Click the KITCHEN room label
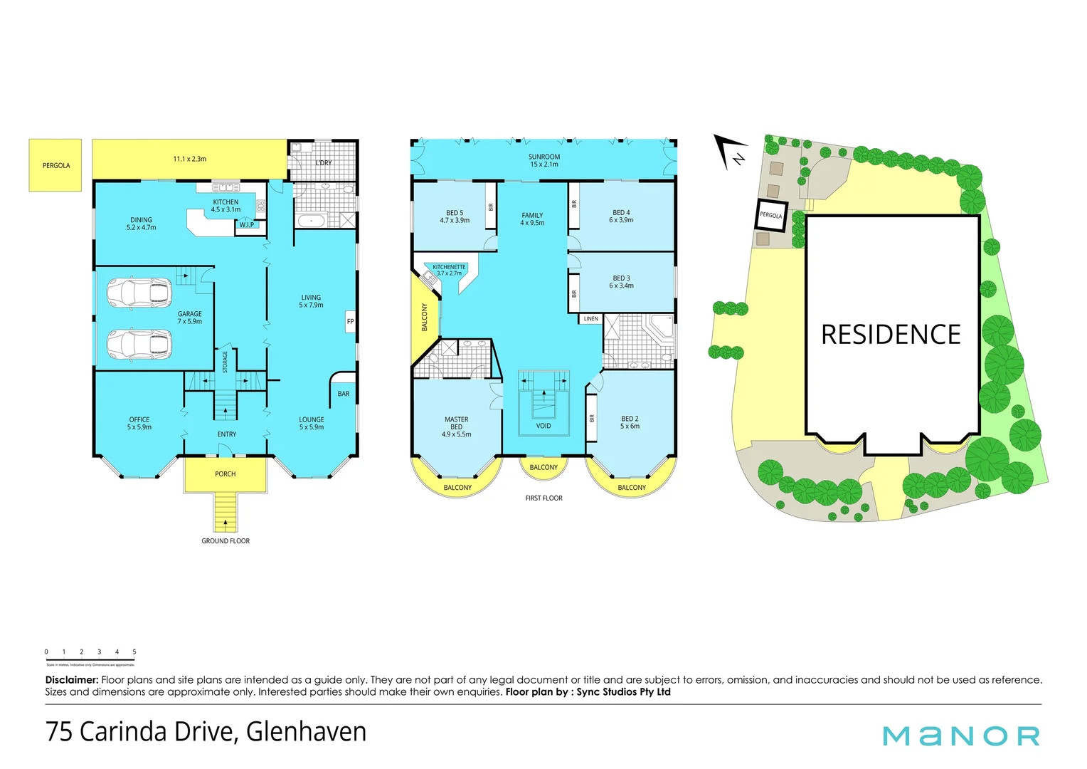tap(226, 202)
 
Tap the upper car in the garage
tap(139, 291)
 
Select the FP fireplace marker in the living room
tap(350, 322)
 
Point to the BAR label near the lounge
tap(344, 394)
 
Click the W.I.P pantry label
tap(247, 225)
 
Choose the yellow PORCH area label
tap(226, 474)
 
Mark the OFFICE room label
tap(139, 420)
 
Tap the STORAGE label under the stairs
tap(226, 362)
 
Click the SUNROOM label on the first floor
tap(544, 157)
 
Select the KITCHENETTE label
tap(449, 267)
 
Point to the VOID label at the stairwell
tap(543, 426)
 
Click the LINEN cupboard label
tap(591, 319)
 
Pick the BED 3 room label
tap(621, 278)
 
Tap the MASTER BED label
tap(457, 423)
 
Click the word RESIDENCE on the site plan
tap(891, 335)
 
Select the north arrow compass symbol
tap(731, 152)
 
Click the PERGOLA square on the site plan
tap(771, 215)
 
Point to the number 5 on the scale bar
tap(134, 652)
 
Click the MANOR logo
tap(961, 736)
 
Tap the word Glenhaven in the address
tap(307, 732)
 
